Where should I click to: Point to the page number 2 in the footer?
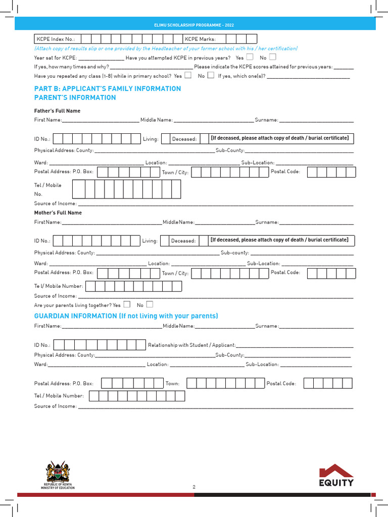(x=193, y=487)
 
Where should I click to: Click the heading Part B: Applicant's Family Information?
(x=107, y=89)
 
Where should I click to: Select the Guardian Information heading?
(x=126, y=316)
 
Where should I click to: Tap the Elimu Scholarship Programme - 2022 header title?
(x=194, y=25)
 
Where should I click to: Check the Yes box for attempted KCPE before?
(x=250, y=57)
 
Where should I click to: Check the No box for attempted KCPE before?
(x=273, y=57)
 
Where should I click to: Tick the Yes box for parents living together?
(x=127, y=304)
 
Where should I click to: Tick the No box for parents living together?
(x=150, y=304)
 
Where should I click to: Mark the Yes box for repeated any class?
(x=188, y=76)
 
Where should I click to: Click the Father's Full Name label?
(x=57, y=111)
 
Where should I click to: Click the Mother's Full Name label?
(x=58, y=213)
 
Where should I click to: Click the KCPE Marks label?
(x=200, y=39)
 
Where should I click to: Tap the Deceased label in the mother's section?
(x=183, y=241)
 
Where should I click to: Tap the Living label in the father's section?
(x=151, y=139)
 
